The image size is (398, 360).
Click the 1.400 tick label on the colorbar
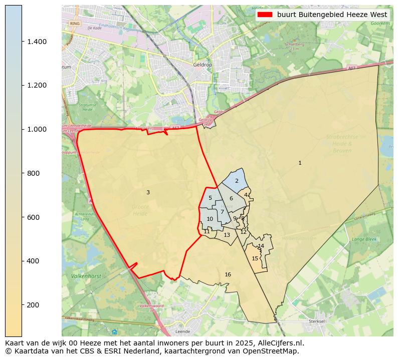(x=37, y=42)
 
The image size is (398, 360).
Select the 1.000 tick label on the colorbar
(x=37, y=129)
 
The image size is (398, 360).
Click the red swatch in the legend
(x=265, y=15)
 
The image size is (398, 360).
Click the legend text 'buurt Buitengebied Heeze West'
(x=332, y=15)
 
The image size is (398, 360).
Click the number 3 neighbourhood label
(x=148, y=192)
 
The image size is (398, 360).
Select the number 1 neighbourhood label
(x=300, y=163)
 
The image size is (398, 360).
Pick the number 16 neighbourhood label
(x=228, y=274)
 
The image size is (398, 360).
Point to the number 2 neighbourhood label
(x=237, y=181)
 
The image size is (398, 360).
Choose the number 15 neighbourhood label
(x=255, y=258)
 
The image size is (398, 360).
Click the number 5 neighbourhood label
(x=210, y=198)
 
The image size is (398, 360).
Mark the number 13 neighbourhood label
(x=227, y=235)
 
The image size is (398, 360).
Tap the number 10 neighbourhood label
(x=210, y=219)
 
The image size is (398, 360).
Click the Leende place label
(x=182, y=331)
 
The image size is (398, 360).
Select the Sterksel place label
(x=317, y=321)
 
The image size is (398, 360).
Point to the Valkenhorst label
(x=73, y=276)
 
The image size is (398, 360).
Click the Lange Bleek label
(x=364, y=239)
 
